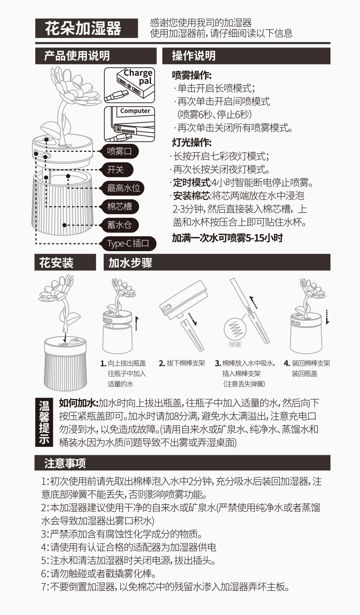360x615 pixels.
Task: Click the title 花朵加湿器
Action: pos(84,28)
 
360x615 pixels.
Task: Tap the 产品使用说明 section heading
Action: pos(77,56)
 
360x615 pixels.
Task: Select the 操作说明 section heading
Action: pos(194,56)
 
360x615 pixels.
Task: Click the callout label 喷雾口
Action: pos(119,151)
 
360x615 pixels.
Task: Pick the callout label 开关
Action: pos(115,170)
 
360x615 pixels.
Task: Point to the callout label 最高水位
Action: pos(123,188)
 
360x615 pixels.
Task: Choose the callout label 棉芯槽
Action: pos(119,207)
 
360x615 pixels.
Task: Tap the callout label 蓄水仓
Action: pos(119,225)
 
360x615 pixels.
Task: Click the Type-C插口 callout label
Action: pos(128,244)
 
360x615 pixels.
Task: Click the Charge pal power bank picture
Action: pos(130,85)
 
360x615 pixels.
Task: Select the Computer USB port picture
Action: pos(130,124)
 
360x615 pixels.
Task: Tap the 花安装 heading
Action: pos(57,263)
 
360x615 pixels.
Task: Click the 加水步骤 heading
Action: pos(130,263)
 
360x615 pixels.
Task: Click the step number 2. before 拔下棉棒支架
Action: pos(162,363)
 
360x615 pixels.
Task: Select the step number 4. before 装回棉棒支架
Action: pos(287,363)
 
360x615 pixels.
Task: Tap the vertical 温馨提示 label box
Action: pos(44,422)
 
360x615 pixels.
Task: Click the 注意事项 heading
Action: pos(65,463)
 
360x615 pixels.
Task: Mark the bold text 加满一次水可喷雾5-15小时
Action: pos(227,238)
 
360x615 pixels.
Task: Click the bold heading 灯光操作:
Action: pos(192,143)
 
